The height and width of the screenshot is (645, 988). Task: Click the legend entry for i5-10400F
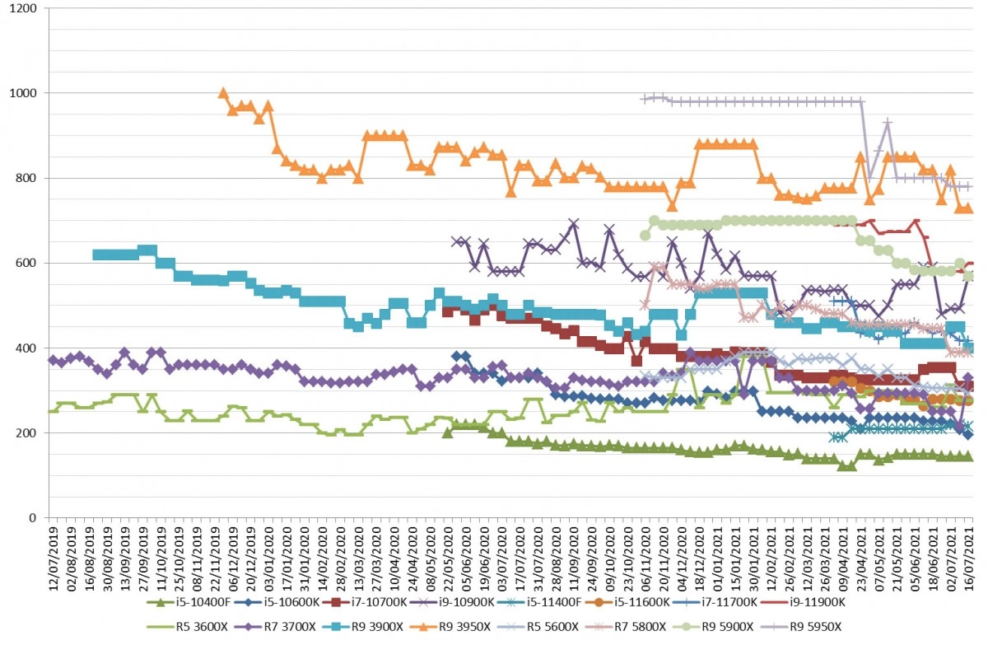(x=189, y=602)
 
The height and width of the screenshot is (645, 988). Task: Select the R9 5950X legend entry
(x=802, y=627)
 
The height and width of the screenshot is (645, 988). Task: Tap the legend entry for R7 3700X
(x=276, y=627)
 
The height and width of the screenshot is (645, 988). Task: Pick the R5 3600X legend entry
(x=188, y=627)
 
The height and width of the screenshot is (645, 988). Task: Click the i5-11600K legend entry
(x=628, y=602)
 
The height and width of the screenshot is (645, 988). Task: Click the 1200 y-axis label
(x=22, y=8)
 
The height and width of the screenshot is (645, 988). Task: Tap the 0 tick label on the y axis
(x=32, y=517)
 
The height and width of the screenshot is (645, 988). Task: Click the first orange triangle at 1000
(x=223, y=92)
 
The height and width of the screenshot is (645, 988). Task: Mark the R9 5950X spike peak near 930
(x=888, y=122)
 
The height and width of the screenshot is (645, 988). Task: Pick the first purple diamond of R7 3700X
(x=53, y=359)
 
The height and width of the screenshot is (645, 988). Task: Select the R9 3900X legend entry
(x=363, y=627)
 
